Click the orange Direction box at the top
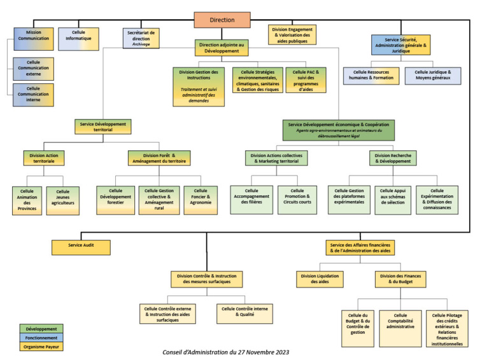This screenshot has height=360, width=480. pyautogui.click(x=222, y=20)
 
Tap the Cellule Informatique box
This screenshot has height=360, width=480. pyautogui.click(x=78, y=38)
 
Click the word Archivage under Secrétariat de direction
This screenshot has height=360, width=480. pyautogui.click(x=141, y=45)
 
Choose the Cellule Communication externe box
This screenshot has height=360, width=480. pyautogui.click(x=33, y=68)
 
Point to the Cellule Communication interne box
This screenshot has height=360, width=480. pyautogui.click(x=33, y=95)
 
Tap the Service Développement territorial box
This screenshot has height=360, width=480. pyautogui.click(x=102, y=126)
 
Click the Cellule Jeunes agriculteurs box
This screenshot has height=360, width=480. pyautogui.click(x=62, y=200)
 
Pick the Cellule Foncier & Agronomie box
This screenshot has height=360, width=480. pyautogui.click(x=201, y=199)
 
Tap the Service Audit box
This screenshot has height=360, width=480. pyautogui.click(x=81, y=246)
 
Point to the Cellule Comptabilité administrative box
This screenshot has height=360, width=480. pyautogui.click(x=400, y=321)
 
